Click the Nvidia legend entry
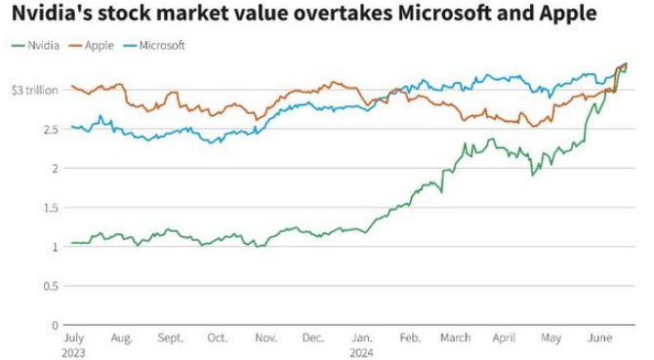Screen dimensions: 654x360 pyautogui.click(x=35, y=46)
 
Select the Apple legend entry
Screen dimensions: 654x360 pyautogui.click(x=92, y=46)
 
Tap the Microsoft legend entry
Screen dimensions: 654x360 pyautogui.click(x=154, y=46)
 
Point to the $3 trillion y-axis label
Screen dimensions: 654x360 pyautogui.click(x=34, y=91)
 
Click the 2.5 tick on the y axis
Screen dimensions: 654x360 pyautogui.click(x=51, y=129)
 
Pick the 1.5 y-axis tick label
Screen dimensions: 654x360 pyautogui.click(x=51, y=208)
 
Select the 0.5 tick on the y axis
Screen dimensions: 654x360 pyautogui.click(x=51, y=286)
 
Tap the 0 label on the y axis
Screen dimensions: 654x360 pyautogui.click(x=55, y=325)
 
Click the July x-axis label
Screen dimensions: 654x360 pyautogui.click(x=73, y=338)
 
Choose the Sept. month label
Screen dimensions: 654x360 pyautogui.click(x=170, y=338)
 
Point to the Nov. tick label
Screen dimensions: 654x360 pyautogui.click(x=266, y=338)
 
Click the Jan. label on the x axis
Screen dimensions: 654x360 pyautogui.click(x=361, y=338)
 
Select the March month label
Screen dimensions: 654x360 pyautogui.click(x=456, y=338)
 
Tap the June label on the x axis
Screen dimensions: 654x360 pyautogui.click(x=599, y=338)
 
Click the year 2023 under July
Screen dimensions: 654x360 pyautogui.click(x=73, y=353)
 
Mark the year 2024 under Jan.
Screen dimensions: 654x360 pyautogui.click(x=361, y=353)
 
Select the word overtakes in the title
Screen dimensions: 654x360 pyautogui.click(x=341, y=13)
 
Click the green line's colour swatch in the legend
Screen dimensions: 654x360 pyautogui.click(x=18, y=46)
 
